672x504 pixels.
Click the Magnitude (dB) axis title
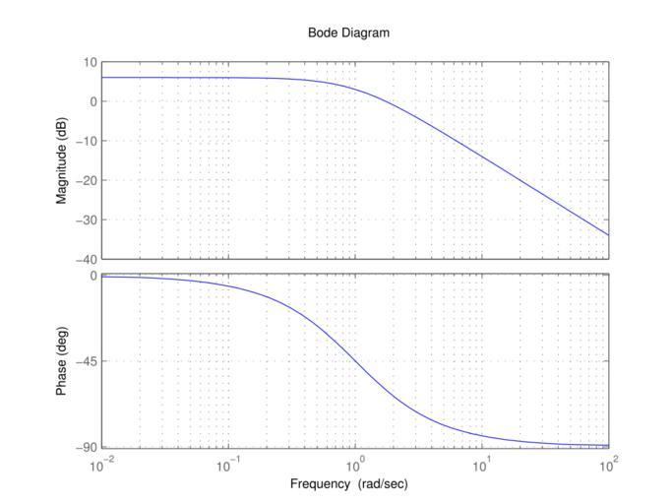[x=61, y=160]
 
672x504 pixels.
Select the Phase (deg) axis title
[x=61, y=361]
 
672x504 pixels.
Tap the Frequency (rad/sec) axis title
[x=348, y=484]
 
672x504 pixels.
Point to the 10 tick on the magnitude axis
[x=90, y=62]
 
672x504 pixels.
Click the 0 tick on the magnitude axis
[x=92, y=101]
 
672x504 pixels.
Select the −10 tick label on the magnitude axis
[x=86, y=141]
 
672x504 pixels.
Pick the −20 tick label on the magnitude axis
[x=86, y=180]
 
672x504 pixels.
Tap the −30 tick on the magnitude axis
[x=86, y=220]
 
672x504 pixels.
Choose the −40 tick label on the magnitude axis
[x=86, y=259]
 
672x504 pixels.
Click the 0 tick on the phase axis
[x=92, y=276]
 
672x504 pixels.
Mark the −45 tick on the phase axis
[x=86, y=361]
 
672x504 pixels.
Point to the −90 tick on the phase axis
[x=86, y=448]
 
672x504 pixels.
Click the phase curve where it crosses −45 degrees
[x=355, y=361]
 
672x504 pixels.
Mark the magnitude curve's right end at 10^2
[x=608, y=234]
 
